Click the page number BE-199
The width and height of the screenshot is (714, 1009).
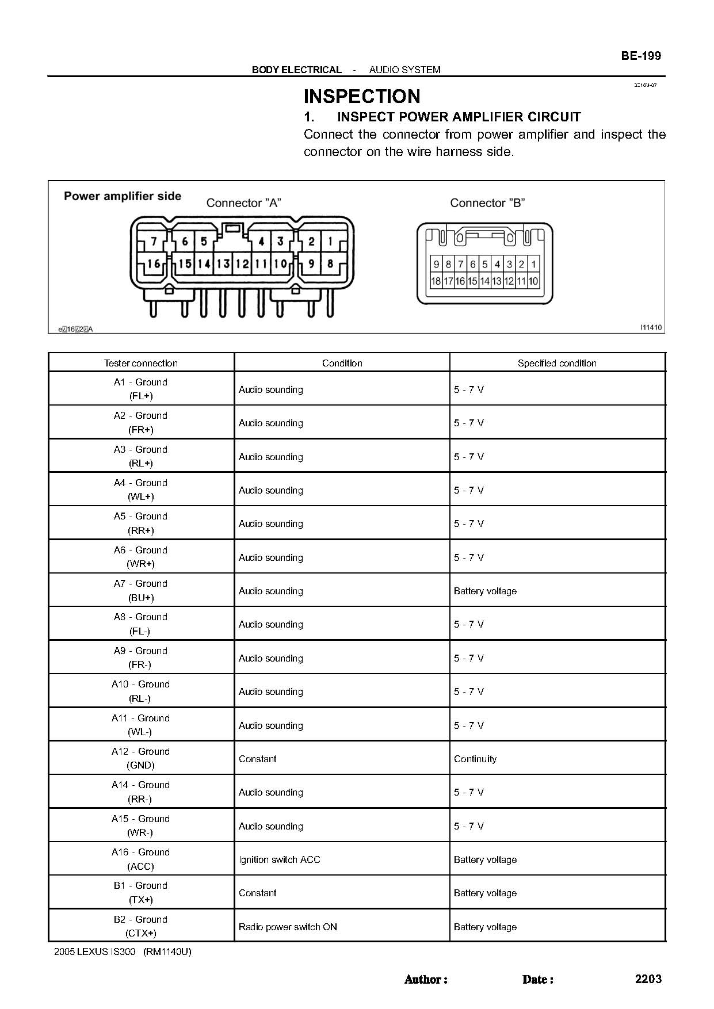pyautogui.click(x=640, y=56)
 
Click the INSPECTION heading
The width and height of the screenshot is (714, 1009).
pyautogui.click(x=361, y=95)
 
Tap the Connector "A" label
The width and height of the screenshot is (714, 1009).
pyautogui.click(x=243, y=202)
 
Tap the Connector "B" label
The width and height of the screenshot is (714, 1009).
pyautogui.click(x=487, y=202)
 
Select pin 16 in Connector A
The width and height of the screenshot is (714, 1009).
pyautogui.click(x=154, y=264)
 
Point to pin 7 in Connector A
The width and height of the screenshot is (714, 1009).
pyautogui.click(x=154, y=242)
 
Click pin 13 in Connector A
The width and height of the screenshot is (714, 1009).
pyautogui.click(x=223, y=264)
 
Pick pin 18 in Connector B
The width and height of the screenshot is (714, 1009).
pyautogui.click(x=436, y=281)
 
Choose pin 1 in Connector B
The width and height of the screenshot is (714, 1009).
pyautogui.click(x=533, y=265)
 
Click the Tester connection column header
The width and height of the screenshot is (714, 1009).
pyautogui.click(x=141, y=363)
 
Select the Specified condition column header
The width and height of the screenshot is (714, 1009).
pyautogui.click(x=557, y=363)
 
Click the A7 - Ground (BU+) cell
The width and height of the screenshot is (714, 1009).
pyautogui.click(x=141, y=590)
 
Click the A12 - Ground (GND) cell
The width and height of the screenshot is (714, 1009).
pyautogui.click(x=141, y=758)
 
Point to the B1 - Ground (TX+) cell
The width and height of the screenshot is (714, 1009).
pyautogui.click(x=141, y=892)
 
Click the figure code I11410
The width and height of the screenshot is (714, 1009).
pyautogui.click(x=651, y=327)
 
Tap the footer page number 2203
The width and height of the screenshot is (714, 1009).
pyautogui.click(x=648, y=979)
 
